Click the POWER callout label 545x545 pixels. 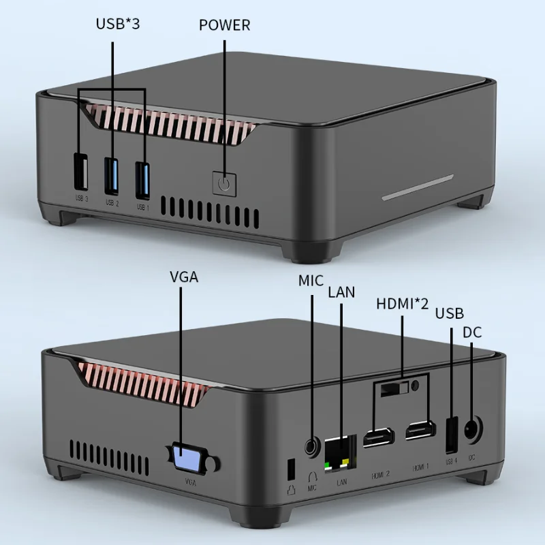tap(224, 26)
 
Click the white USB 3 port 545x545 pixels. tap(80, 174)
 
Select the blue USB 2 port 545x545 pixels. tap(112, 176)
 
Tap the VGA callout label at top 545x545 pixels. tap(185, 277)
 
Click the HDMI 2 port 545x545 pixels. tap(377, 438)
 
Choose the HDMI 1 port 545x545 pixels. tap(420, 431)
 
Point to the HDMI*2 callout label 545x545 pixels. tap(402, 303)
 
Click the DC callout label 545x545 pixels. tap(472, 332)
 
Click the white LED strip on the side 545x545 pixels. tap(417, 187)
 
